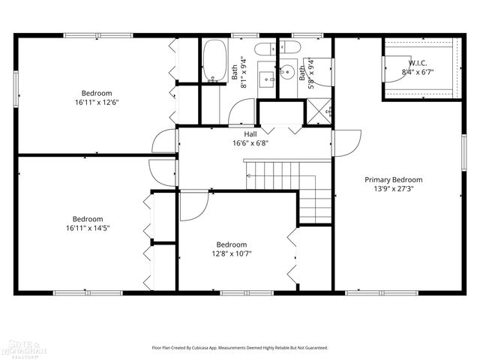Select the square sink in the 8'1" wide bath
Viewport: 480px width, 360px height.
coord(266,78)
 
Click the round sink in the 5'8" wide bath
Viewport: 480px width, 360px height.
coord(288,73)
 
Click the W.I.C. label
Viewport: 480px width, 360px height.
coord(418,63)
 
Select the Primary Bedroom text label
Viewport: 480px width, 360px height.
coord(393,179)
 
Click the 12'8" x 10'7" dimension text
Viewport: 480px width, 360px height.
coord(231,253)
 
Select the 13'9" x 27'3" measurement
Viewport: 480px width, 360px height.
coord(393,189)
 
